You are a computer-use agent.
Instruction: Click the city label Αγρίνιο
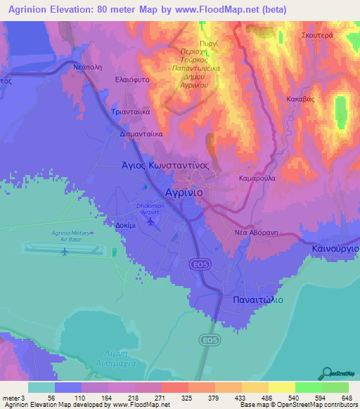pyautogui.click(x=184, y=191)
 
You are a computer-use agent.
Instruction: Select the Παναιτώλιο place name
pyautogui.click(x=257, y=299)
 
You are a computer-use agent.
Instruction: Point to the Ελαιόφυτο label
pyautogui.click(x=134, y=81)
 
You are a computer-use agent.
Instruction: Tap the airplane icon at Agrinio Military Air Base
pyautogui.click(x=64, y=251)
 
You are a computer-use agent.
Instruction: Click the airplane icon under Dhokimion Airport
pyautogui.click(x=150, y=222)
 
